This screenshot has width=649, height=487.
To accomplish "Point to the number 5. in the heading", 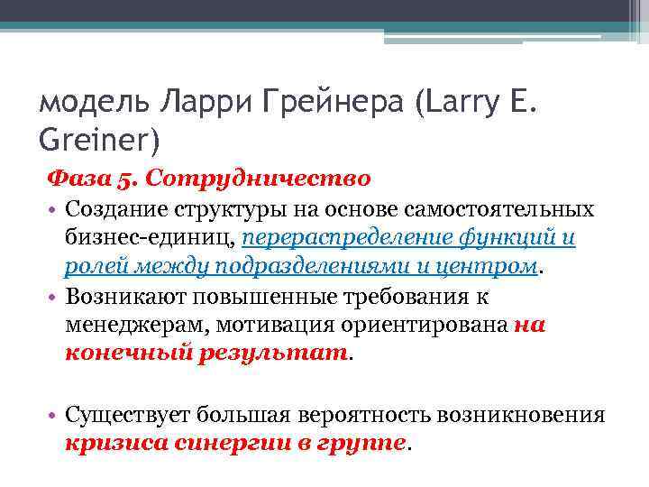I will point(125,179).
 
